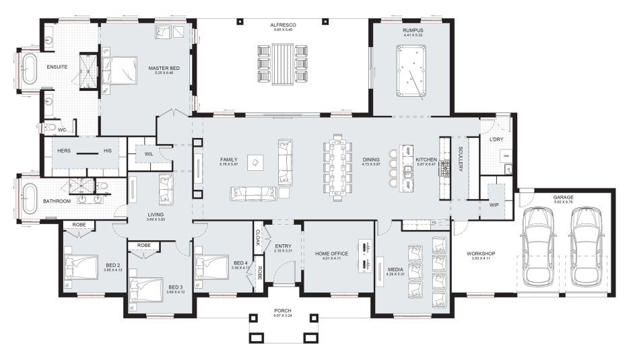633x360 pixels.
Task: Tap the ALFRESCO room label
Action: tap(285, 25)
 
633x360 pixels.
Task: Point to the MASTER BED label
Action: tap(164, 67)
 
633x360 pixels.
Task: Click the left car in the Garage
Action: tap(540, 244)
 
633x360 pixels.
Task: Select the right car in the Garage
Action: tap(586, 244)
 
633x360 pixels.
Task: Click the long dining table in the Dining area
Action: tap(338, 168)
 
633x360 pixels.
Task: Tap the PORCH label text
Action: tap(283, 311)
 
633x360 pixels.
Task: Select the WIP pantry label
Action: tap(494, 205)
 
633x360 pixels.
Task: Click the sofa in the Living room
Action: tap(165, 189)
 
